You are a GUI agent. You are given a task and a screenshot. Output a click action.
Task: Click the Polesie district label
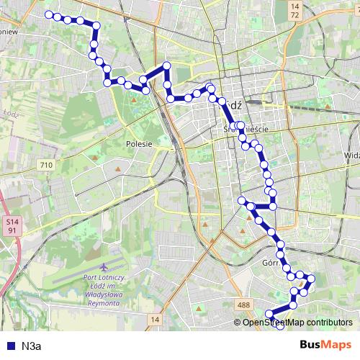click(x=139, y=143)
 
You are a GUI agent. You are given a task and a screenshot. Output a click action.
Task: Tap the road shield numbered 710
click(x=47, y=166)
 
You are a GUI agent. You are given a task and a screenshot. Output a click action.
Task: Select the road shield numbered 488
click(x=244, y=305)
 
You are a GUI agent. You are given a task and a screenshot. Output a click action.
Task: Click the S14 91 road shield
click(x=13, y=228)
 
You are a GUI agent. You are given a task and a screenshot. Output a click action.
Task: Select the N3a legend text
click(x=32, y=346)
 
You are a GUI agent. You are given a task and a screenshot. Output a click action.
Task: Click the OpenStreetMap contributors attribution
click(x=297, y=323)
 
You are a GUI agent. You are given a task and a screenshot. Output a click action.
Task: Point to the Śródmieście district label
click(x=246, y=129)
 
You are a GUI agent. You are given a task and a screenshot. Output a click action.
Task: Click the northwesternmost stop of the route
click(x=49, y=14)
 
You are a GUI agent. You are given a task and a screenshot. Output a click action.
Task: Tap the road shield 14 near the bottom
click(x=155, y=318)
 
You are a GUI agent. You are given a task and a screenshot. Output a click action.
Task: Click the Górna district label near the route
click(x=271, y=263)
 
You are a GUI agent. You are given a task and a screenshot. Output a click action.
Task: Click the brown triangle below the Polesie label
click(x=117, y=169)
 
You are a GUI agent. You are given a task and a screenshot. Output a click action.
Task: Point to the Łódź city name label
click(x=233, y=104)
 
